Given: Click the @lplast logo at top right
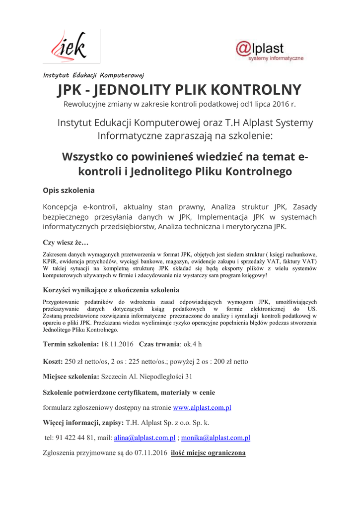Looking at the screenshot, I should [x=269, y=51].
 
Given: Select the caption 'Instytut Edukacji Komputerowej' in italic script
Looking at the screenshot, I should [x=93, y=75].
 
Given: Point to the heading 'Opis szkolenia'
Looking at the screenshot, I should [x=69, y=190].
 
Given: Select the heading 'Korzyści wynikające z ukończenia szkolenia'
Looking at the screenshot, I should [x=111, y=290].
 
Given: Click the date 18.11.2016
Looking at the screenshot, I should [x=117, y=343].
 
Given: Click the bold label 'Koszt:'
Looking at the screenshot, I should [x=53, y=361].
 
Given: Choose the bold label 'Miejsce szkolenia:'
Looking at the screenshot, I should [x=71, y=377].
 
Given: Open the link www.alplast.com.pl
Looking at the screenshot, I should [x=202, y=408].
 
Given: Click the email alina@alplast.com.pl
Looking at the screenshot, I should [x=144, y=438].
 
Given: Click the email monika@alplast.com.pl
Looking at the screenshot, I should [x=216, y=438].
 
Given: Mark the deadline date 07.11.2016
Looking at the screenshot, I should [x=150, y=453].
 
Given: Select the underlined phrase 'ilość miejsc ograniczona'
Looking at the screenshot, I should [x=208, y=453].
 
